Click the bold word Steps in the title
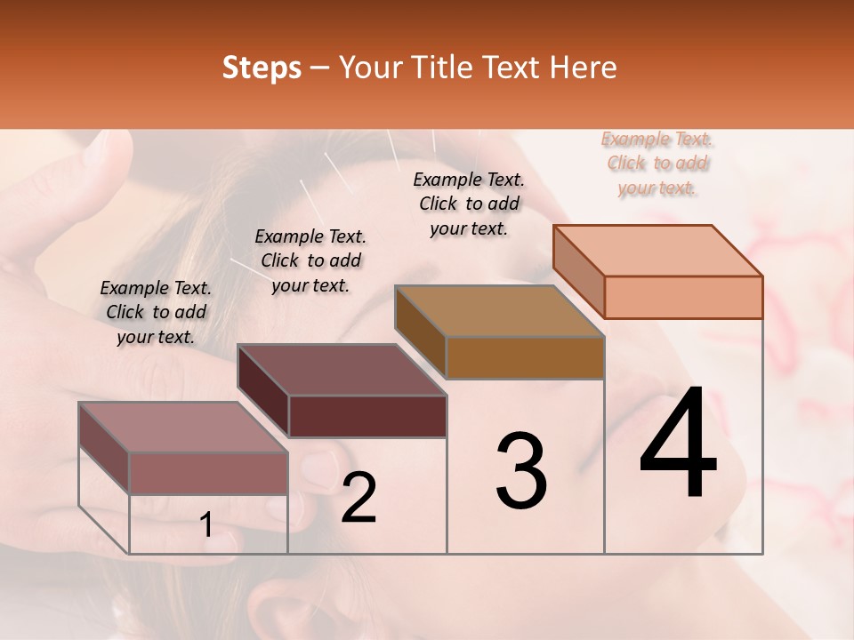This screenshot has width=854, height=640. (262, 68)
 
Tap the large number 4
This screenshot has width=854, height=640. (678, 444)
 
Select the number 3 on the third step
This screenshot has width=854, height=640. (521, 471)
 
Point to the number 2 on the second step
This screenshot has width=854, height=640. (359, 498)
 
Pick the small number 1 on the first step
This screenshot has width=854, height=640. (206, 525)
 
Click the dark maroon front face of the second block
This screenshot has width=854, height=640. (367, 416)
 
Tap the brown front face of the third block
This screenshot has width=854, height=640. (525, 357)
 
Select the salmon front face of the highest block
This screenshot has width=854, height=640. (683, 296)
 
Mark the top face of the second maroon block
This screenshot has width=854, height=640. (342, 369)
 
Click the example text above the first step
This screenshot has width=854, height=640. (156, 312)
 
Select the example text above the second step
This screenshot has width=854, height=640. (310, 260)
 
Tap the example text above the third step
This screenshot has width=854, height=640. (469, 204)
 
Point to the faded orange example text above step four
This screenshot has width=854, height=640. (657, 163)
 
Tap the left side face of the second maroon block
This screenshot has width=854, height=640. (263, 391)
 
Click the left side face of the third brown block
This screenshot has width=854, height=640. (420, 332)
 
